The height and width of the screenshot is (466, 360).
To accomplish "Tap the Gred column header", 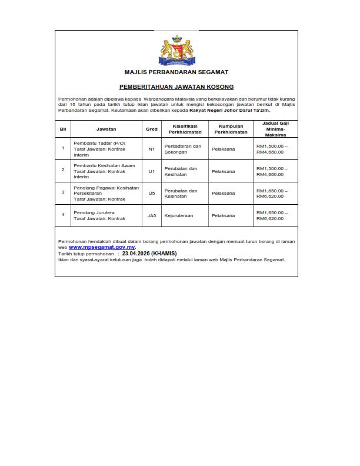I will (x=151, y=129).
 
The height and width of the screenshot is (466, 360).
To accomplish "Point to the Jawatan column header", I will (x=107, y=129).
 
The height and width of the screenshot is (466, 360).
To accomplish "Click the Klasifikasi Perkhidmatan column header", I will (x=183, y=129).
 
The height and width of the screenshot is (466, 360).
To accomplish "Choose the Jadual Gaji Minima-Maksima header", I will (x=272, y=129).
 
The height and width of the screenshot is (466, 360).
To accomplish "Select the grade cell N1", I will (x=151, y=149).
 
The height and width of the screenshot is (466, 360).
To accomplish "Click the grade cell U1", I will (x=151, y=171).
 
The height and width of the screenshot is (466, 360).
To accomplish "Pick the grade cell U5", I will (x=151, y=193).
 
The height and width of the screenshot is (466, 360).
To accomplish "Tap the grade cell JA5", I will (x=152, y=215).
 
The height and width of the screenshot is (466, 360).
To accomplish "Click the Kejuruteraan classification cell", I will (x=179, y=215).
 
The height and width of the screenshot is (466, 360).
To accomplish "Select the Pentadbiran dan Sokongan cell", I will (x=183, y=149).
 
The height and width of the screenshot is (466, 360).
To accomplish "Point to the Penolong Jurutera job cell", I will (x=94, y=212).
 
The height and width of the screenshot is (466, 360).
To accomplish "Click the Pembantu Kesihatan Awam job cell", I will (x=104, y=165).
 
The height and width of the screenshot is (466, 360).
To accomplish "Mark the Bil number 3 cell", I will (x=63, y=193).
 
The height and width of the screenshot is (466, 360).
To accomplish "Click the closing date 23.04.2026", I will (x=136, y=254).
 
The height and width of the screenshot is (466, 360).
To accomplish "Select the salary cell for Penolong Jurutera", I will (x=272, y=215).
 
